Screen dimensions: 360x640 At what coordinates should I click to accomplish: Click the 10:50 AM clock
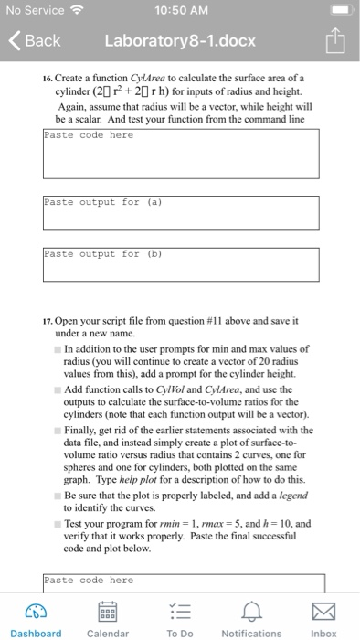click(180, 11)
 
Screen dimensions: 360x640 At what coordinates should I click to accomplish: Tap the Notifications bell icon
click(251, 611)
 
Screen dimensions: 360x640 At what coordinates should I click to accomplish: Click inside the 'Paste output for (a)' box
click(180, 211)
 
